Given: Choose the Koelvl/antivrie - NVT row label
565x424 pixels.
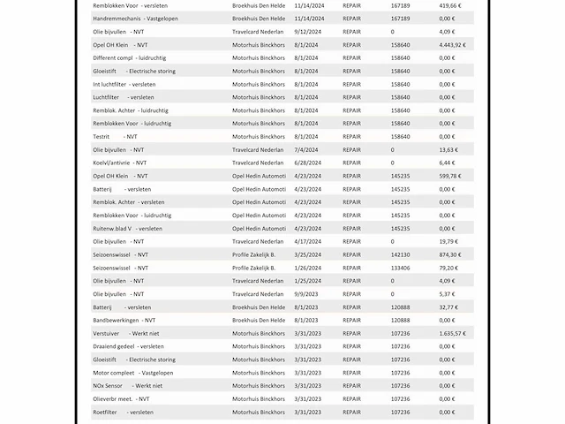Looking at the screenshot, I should click(120, 163).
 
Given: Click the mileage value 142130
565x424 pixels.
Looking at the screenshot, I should click(400, 254).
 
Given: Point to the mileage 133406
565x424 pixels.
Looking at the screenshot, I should click(400, 268).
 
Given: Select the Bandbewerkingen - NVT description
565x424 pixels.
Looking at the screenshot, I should click(124, 320).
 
